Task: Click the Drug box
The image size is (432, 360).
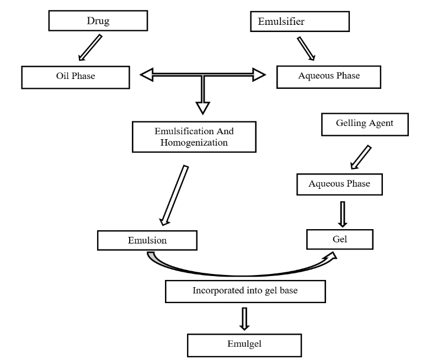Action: coord(98,20)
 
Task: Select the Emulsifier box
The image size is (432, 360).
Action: coord(300,22)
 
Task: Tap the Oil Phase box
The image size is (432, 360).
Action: coord(76,77)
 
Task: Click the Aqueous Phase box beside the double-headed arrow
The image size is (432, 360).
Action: coord(329,77)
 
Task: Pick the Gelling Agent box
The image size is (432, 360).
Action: coord(365,124)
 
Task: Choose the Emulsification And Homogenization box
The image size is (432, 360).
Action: coord(194,137)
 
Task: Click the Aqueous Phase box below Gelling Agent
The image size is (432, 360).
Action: coord(339,184)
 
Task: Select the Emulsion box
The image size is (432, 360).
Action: coord(147,240)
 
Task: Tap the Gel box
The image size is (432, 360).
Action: coord(340,239)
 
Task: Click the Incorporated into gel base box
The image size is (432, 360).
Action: coord(245,292)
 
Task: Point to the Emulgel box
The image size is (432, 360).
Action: coord(244,346)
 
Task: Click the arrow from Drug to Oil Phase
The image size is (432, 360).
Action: coord(90,47)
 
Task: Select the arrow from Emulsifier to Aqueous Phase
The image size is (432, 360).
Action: coord(306,49)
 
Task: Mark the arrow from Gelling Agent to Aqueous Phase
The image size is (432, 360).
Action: coord(361,157)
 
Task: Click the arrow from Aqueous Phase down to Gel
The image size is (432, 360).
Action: coord(343,214)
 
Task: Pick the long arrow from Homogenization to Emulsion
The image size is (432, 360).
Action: coord(174,195)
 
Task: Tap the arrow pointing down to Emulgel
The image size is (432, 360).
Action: coord(244,319)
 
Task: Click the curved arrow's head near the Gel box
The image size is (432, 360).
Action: coord(331,257)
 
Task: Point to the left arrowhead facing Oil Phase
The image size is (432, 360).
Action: coord(147,75)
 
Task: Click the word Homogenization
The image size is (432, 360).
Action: coord(194,143)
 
